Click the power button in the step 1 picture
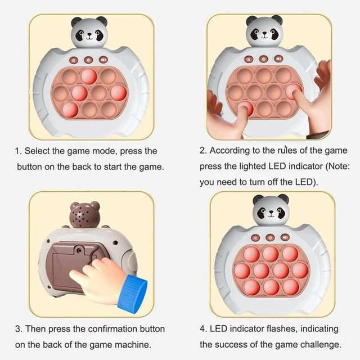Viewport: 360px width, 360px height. [x=88, y=60]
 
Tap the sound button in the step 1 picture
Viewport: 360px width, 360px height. [x=103, y=60]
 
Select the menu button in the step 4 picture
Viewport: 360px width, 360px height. [x=255, y=238]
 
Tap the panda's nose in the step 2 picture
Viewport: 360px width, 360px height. [x=264, y=34]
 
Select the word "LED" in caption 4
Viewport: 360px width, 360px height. [x=219, y=328]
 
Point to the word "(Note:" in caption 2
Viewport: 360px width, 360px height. [x=337, y=166]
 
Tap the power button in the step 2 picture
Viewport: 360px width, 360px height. [x=264, y=59]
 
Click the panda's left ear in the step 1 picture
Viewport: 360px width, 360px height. [x=76, y=22]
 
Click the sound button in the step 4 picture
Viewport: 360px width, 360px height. [x=285, y=237]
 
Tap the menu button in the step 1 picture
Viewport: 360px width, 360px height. [x=74, y=60]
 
